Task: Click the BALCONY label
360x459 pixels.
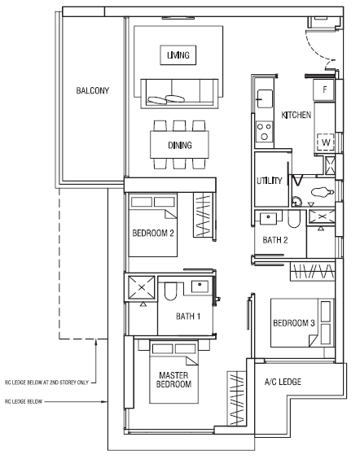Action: pos(93,90)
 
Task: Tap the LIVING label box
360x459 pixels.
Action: pos(178,55)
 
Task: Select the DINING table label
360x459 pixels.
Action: pos(180,145)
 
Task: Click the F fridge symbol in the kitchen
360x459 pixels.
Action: pos(324,90)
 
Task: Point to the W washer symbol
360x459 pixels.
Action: pos(326,142)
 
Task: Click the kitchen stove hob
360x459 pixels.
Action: pos(264,131)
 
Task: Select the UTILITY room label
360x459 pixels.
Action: pos(270,181)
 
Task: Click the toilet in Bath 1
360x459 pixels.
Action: pos(170,291)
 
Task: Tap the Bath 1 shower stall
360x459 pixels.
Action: pos(142,287)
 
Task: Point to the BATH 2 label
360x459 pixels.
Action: pos(275,240)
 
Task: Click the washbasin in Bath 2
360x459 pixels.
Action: pos(269,218)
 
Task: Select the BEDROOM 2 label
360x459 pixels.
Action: pos(153,234)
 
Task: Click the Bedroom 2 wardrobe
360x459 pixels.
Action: pos(203,215)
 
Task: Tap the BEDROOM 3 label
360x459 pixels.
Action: pos(294,323)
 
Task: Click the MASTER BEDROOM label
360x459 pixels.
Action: pos(173,380)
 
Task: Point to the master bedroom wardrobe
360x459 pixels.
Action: pos(236,399)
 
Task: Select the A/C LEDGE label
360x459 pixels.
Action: pos(283,382)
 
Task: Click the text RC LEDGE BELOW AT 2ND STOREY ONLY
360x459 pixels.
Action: pos(46,382)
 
